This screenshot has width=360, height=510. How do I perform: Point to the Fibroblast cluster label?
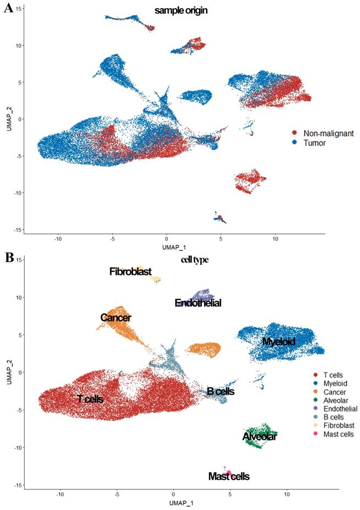(131, 271)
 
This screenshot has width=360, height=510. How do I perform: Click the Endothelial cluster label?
(198, 302)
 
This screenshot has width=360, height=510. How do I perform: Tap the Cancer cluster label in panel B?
(116, 317)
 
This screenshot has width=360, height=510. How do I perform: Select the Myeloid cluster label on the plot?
(279, 341)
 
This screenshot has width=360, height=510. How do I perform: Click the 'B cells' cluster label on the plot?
(221, 391)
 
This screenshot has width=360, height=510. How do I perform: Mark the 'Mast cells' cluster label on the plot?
(229, 477)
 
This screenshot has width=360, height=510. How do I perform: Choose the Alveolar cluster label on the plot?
(260, 437)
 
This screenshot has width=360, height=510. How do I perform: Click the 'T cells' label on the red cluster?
(91, 399)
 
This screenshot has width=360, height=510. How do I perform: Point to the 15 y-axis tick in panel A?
(19, 9)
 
